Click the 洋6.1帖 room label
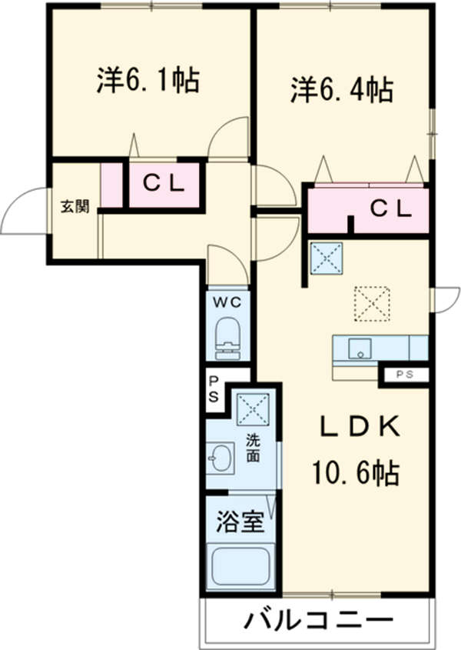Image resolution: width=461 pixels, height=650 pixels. pos(148,81)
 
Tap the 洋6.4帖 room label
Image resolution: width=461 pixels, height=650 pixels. pos(342,91)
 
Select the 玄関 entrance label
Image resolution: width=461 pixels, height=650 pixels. pos(75,206)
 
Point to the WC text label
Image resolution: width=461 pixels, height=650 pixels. pos(227,302)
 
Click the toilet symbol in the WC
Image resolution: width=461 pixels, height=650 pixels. pos(228,338)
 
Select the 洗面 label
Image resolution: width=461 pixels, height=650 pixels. pos(253,448)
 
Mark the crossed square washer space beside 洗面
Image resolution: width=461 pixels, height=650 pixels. pos(252,407)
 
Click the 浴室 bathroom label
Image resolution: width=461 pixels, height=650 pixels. pos(240,523)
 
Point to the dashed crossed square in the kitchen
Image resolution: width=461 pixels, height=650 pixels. pos(373,303)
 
